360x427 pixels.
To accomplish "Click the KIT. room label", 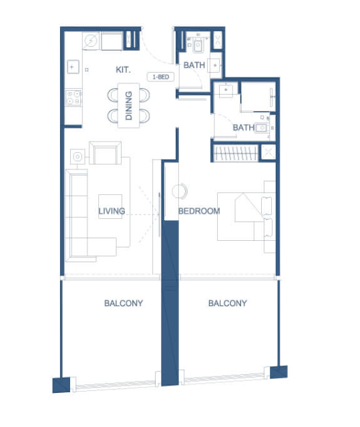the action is [x=123, y=69].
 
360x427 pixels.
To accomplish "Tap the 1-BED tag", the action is [x=160, y=77].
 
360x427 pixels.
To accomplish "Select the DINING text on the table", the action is [x=128, y=105].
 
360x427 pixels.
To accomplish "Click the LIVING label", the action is [x=112, y=211].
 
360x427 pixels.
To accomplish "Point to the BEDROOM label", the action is [x=199, y=211].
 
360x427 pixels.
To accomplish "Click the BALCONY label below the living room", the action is [x=124, y=303].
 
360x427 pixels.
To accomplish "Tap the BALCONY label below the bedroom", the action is [x=228, y=303].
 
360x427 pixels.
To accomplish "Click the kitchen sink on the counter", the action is [x=73, y=67].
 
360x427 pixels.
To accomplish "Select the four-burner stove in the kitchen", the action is [x=73, y=97].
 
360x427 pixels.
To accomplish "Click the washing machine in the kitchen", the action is [x=91, y=41].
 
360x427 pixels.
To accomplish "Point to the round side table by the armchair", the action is [x=77, y=157].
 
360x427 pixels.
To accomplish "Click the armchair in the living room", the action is [x=105, y=153].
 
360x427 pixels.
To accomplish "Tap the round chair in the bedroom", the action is [x=180, y=191].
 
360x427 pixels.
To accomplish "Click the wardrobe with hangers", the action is [x=236, y=153].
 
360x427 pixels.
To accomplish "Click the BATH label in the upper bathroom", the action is [x=194, y=65].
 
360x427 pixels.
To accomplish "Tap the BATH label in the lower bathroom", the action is [x=244, y=127].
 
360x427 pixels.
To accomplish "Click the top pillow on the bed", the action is [x=266, y=206].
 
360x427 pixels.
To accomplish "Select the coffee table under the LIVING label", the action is [x=110, y=206].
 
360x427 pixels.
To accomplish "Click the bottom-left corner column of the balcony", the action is [x=61, y=385].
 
